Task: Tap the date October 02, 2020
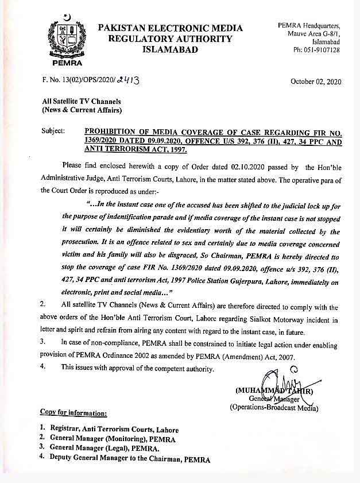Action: [316, 82]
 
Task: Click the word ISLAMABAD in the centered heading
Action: [169, 50]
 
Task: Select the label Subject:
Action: [53, 131]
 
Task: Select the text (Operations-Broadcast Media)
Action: [274, 408]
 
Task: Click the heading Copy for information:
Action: [73, 413]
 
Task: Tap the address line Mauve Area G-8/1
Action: [315, 34]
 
